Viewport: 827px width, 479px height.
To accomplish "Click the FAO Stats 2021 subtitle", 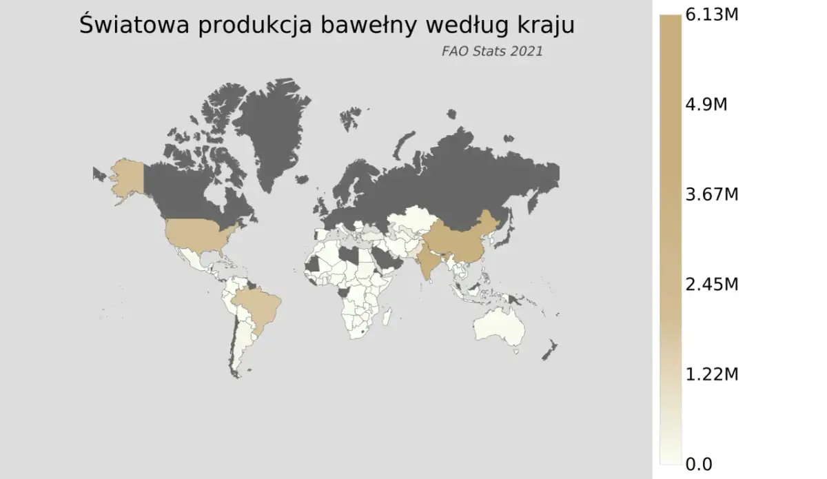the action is click(x=491, y=51).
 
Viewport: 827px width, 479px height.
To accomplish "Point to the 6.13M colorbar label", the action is click(x=711, y=15).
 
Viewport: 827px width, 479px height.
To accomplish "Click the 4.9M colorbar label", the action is click(x=706, y=105).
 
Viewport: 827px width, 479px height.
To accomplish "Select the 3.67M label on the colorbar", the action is click(x=711, y=194).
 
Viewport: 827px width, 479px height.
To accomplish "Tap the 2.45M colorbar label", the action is click(x=711, y=284).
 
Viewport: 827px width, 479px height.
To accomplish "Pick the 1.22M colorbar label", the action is click(x=711, y=374).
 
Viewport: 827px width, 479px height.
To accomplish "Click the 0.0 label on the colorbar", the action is click(x=699, y=463).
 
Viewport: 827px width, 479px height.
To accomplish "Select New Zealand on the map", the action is click(x=549, y=351).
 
